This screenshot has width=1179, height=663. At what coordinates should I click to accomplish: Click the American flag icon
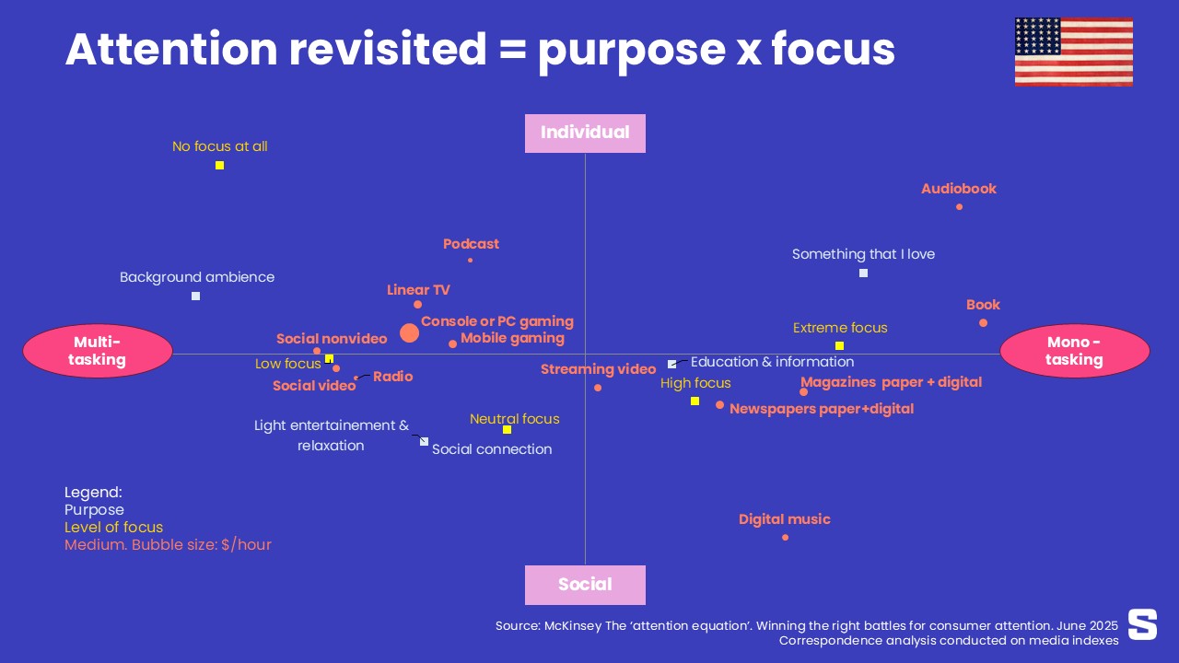click(x=1073, y=52)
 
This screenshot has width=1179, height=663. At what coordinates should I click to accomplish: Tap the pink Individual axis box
click(x=585, y=133)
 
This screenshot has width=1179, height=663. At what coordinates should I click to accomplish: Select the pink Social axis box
click(x=585, y=585)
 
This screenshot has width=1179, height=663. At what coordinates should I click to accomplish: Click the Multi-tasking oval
click(x=97, y=351)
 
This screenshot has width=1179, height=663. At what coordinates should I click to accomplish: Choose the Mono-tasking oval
click(x=1074, y=351)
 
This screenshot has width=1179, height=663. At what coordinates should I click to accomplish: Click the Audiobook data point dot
click(x=959, y=206)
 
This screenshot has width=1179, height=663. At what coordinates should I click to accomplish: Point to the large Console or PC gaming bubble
click(x=410, y=333)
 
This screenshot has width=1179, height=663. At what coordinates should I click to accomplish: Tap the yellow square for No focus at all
click(x=220, y=166)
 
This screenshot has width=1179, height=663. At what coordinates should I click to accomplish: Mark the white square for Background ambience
click(x=196, y=296)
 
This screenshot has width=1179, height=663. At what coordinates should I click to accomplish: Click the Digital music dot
click(x=785, y=537)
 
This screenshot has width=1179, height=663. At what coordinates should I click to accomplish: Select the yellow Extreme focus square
click(x=839, y=345)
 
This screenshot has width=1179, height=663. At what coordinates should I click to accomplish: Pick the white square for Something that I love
click(x=863, y=273)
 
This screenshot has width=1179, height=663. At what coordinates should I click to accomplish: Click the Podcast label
click(x=471, y=244)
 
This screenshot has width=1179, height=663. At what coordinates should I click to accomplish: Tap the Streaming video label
click(x=598, y=369)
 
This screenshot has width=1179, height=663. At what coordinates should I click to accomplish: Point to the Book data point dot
click(x=983, y=322)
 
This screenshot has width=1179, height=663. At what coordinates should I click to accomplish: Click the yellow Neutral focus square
click(x=507, y=429)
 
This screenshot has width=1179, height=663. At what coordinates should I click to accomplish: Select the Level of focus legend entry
click(x=113, y=528)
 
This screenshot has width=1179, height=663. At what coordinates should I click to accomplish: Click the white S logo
click(x=1142, y=623)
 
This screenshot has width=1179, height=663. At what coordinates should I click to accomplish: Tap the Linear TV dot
click(x=417, y=304)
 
